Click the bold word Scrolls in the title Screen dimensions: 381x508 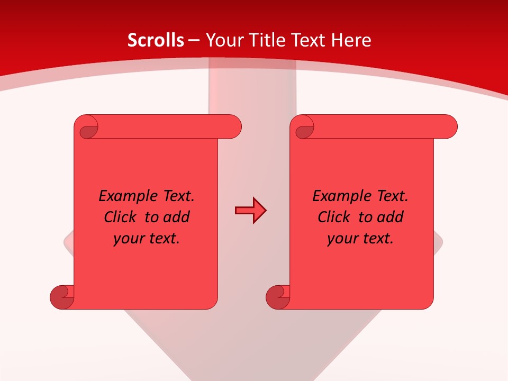tap(156, 40)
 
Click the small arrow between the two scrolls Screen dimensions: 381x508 tap(250, 211)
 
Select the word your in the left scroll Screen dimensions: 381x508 tap(129, 239)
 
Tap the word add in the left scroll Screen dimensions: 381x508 tap(176, 217)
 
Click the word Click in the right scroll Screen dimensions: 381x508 tap(333, 217)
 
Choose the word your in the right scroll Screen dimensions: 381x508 tap(342, 239)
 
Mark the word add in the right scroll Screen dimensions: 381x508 tap(390, 217)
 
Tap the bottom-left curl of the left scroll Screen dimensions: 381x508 tap(62, 296)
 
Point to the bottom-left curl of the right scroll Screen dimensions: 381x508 tap(278, 296)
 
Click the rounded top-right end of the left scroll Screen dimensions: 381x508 tap(233, 127)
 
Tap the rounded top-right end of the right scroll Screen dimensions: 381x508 tap(449, 127)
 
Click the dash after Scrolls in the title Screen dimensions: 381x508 tap(194, 40)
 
